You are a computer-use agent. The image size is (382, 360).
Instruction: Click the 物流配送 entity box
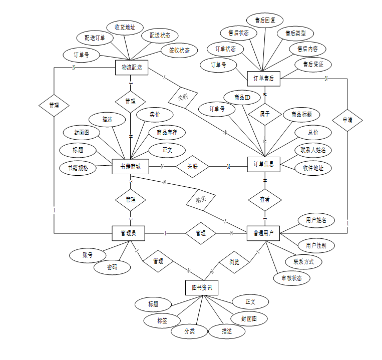pos(132,67)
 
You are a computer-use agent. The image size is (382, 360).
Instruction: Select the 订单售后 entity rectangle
pos(263,78)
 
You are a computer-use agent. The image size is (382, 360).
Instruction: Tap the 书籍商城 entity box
pos(130,167)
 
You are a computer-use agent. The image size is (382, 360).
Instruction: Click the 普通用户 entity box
pos(263,233)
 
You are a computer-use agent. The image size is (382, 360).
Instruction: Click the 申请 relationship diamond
pos(347,120)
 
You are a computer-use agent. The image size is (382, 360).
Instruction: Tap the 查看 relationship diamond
pos(264,199)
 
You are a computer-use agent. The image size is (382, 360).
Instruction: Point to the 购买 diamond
pos(200,199)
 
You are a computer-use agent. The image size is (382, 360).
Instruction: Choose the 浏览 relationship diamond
pos(234,262)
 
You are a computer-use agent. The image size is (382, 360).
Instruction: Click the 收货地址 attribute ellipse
pos(125,28)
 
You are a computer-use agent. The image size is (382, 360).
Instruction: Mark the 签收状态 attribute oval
pos(179,50)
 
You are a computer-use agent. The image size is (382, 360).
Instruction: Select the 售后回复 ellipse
pos(265,20)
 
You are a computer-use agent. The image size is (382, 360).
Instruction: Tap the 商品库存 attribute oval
pos(167,132)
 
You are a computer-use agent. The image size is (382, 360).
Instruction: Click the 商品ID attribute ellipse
pos(242,97)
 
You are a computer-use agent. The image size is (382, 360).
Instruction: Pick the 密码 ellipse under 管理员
pos(112,267)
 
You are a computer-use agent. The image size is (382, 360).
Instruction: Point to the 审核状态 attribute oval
pos(292,278)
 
